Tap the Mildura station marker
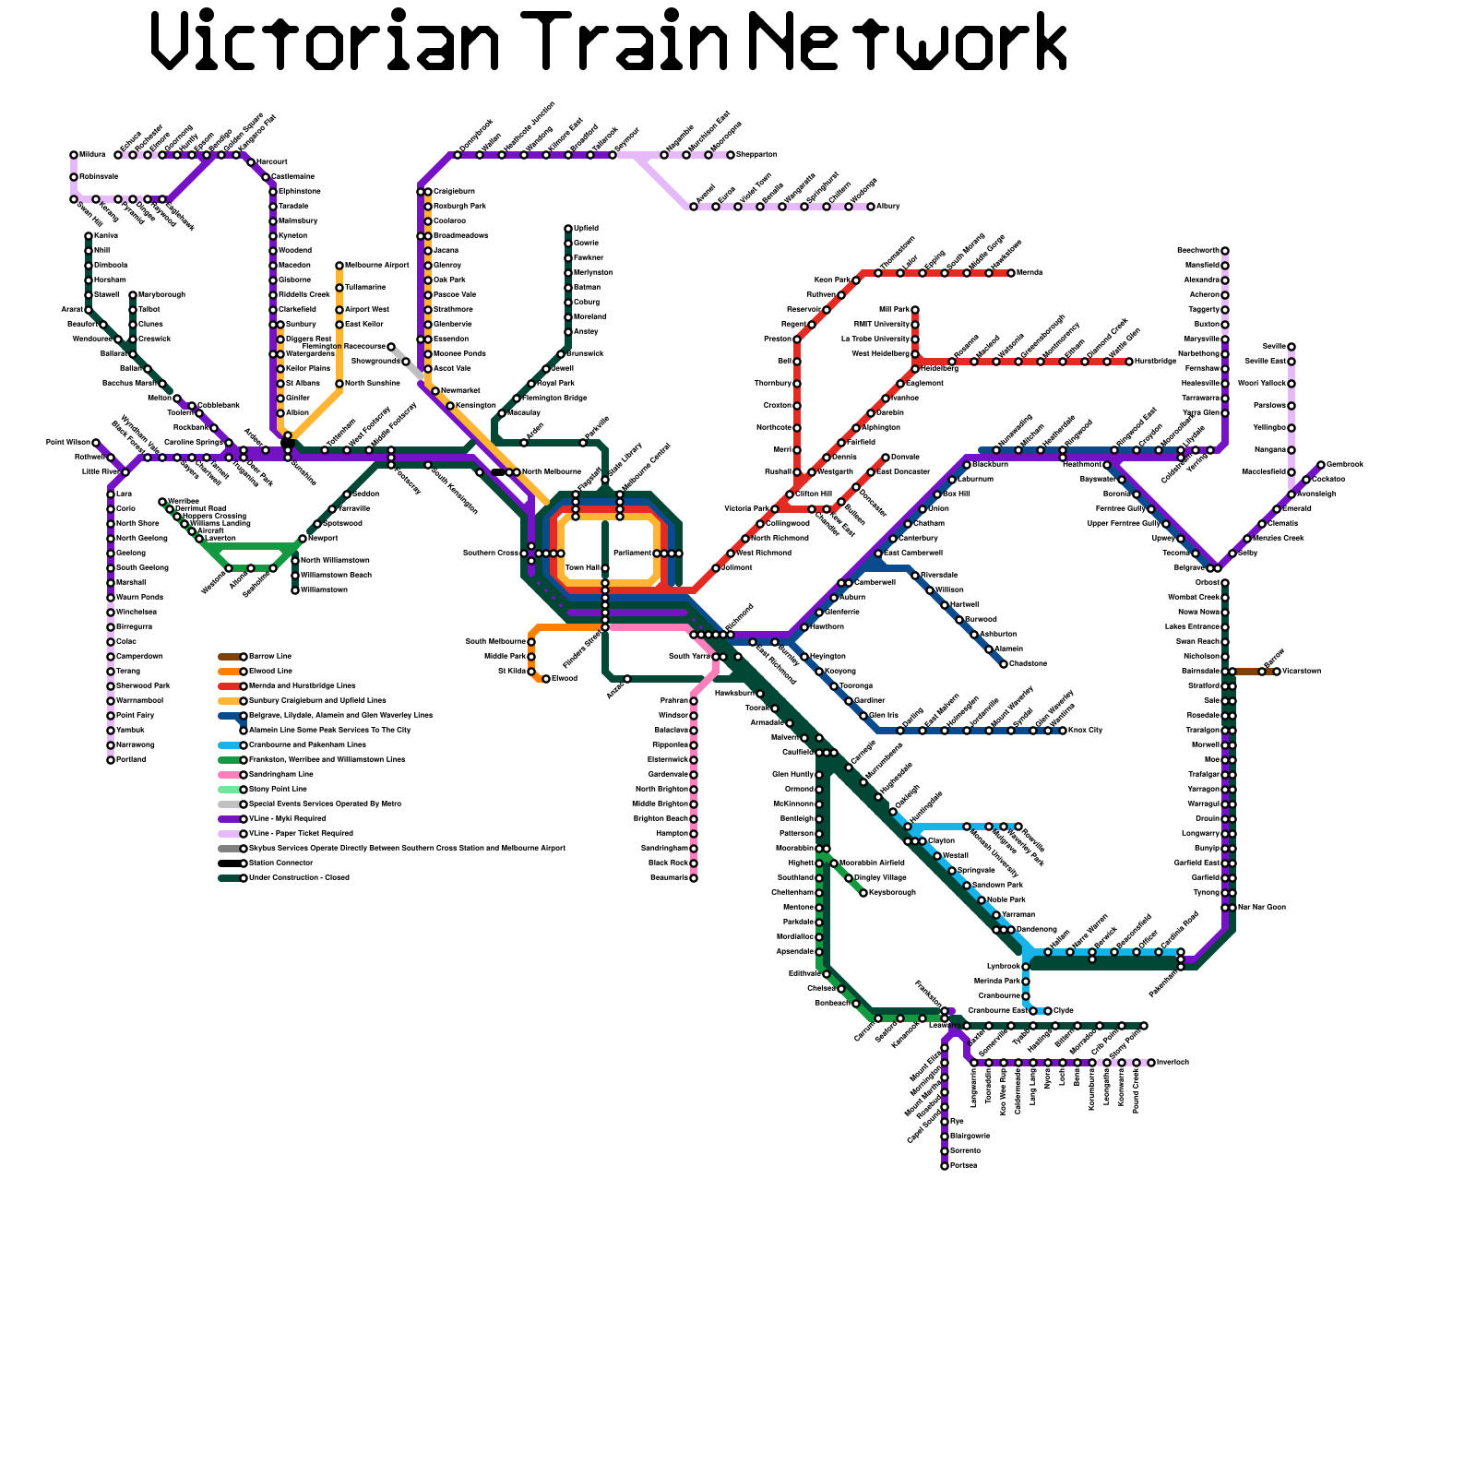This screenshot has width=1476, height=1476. [74, 155]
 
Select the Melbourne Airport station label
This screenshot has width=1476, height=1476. [376, 266]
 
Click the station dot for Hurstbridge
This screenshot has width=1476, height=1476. [1129, 362]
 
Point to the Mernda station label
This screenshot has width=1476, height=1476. [1030, 273]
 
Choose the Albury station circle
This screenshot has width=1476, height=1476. [871, 207]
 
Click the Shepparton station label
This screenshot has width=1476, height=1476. [756, 155]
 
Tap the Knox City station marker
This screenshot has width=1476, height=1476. [1063, 731]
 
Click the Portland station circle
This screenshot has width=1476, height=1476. [111, 760]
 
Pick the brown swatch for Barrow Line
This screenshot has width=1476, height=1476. [229, 657]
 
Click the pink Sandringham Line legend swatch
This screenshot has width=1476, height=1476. [229, 775]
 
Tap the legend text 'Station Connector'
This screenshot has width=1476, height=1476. [281, 863]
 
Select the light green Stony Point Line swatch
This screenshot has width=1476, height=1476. [229, 790]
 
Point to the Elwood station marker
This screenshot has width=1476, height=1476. [546, 679]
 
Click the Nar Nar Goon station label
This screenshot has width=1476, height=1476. [1262, 908]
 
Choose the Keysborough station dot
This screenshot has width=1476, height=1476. [863, 893]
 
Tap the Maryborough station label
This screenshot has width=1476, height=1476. [161, 295]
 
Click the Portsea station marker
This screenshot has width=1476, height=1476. [945, 1166]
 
